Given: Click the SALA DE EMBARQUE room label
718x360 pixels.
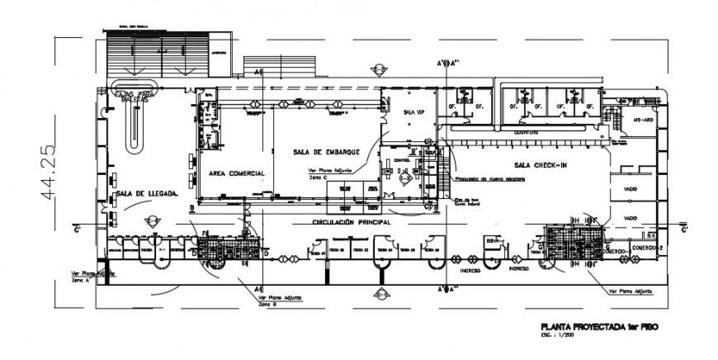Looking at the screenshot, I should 323,153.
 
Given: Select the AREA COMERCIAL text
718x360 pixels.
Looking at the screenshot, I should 236,173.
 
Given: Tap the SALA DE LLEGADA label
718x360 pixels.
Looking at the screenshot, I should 148,193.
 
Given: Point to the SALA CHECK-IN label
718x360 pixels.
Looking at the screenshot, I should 540,164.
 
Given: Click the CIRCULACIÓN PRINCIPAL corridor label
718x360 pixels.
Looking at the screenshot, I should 350,223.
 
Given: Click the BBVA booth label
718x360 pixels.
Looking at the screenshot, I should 494,241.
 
